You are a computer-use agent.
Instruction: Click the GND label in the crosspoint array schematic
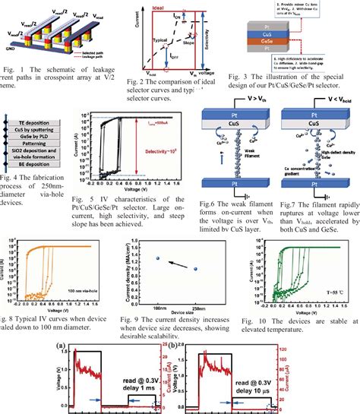pos(10,47)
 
